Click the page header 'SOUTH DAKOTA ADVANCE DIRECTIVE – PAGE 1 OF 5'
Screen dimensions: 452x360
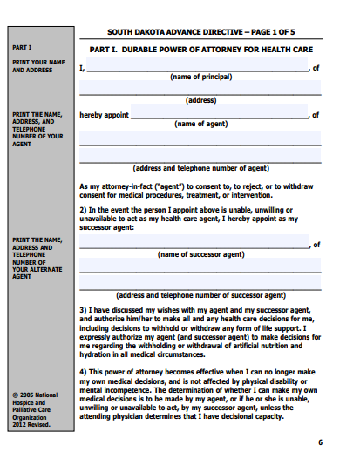[x=200, y=29]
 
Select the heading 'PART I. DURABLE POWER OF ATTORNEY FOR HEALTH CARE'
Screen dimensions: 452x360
[x=200, y=50]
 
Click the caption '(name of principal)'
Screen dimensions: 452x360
[x=200, y=78]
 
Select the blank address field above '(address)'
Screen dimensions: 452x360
[x=200, y=89]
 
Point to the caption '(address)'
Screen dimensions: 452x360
[x=200, y=100]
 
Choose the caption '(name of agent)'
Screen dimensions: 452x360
[x=200, y=125]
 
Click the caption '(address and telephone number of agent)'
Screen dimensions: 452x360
[x=200, y=168]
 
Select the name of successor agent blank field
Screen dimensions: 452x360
[x=194, y=244]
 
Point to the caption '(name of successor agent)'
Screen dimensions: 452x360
[x=200, y=254]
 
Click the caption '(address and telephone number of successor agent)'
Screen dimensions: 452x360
[x=200, y=295]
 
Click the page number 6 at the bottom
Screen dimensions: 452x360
[x=319, y=442]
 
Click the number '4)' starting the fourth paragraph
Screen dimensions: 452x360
[x=83, y=371]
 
